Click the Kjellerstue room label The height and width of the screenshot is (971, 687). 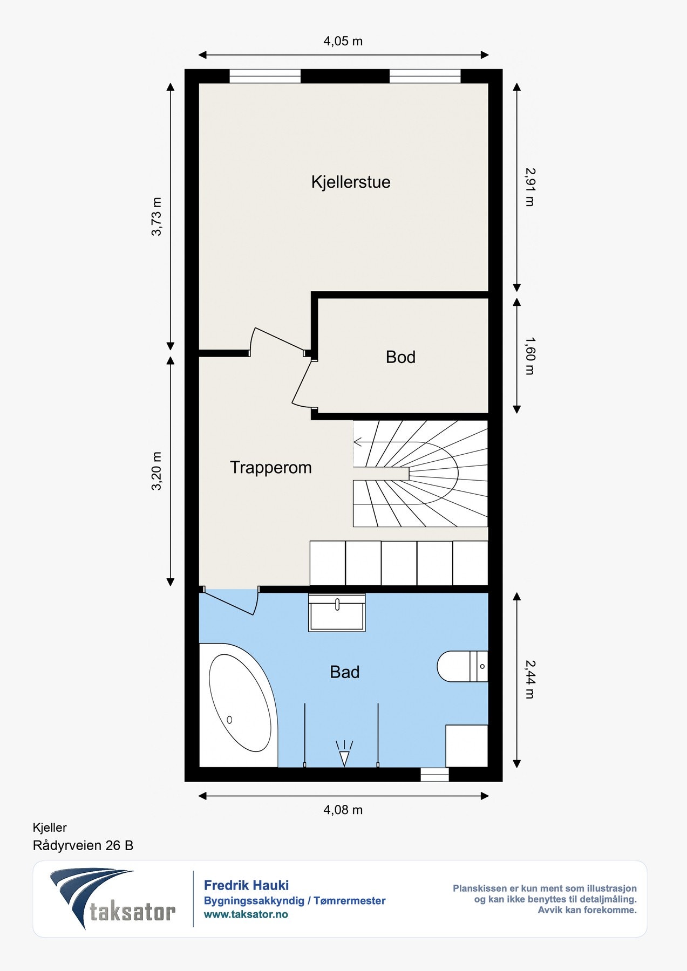(351, 182)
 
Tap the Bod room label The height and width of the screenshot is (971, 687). (400, 357)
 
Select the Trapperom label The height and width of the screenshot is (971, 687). (271, 467)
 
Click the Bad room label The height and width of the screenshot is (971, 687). (345, 672)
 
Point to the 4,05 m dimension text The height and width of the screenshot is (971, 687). (343, 41)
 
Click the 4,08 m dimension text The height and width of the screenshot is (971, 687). (343, 810)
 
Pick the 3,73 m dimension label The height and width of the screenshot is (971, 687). (157, 217)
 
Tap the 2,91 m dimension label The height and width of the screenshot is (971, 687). (529, 187)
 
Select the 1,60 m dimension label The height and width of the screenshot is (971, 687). (529, 356)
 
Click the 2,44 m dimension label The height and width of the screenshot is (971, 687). (529, 680)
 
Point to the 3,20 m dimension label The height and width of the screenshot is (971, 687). (157, 471)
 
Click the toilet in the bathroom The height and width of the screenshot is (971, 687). (462, 666)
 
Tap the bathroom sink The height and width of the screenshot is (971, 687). (337, 612)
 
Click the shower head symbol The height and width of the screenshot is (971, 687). (344, 754)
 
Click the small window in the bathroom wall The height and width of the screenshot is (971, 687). (434, 774)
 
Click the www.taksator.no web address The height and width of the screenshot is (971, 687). (246, 914)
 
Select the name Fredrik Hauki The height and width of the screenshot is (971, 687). (246, 885)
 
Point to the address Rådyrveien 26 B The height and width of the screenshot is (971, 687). (83, 845)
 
